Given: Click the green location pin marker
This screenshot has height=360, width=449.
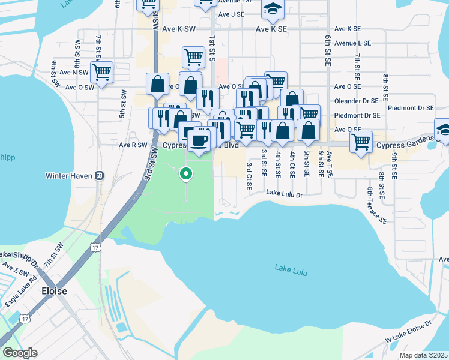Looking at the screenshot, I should [x=186, y=175].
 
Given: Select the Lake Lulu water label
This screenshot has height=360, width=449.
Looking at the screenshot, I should [x=291, y=270].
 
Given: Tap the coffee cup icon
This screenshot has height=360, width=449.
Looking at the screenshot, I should [x=199, y=140].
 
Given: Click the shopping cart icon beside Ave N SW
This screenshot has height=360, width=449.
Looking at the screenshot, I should [x=102, y=73].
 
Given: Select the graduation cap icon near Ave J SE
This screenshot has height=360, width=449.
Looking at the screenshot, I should [x=273, y=10].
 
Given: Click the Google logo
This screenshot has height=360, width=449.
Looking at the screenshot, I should [x=20, y=353].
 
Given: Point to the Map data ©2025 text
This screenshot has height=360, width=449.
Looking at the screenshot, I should [x=423, y=355].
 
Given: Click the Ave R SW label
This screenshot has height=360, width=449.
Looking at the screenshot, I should [x=133, y=145].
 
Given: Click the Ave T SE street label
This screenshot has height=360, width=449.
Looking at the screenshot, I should [x=329, y=164].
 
